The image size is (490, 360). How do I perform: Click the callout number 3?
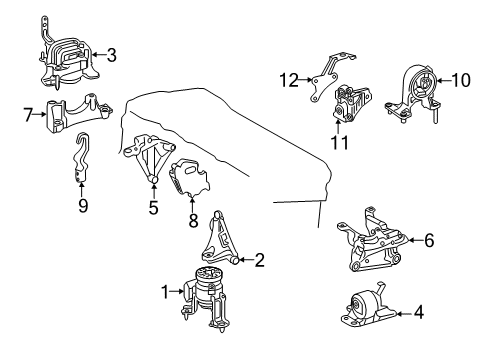click(x=112, y=55)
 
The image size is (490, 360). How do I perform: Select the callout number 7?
click(x=28, y=115)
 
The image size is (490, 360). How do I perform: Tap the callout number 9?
click(x=83, y=205)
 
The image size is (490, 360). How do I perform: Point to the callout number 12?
click(x=289, y=80)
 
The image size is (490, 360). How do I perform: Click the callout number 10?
click(x=461, y=80)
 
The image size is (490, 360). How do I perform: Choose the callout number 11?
click(x=340, y=142)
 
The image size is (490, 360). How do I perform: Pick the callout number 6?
click(x=429, y=240)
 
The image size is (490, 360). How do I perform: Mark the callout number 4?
click(x=419, y=312)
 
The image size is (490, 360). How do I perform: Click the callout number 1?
click(x=166, y=292)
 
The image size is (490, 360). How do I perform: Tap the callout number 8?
click(x=193, y=220)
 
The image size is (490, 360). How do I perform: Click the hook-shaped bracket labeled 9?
click(x=80, y=157)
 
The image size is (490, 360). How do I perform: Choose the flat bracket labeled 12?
click(x=328, y=76)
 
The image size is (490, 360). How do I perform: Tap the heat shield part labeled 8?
click(x=190, y=177)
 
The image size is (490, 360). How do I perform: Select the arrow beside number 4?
click(x=404, y=313)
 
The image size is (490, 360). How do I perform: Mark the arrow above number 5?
click(x=154, y=191)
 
